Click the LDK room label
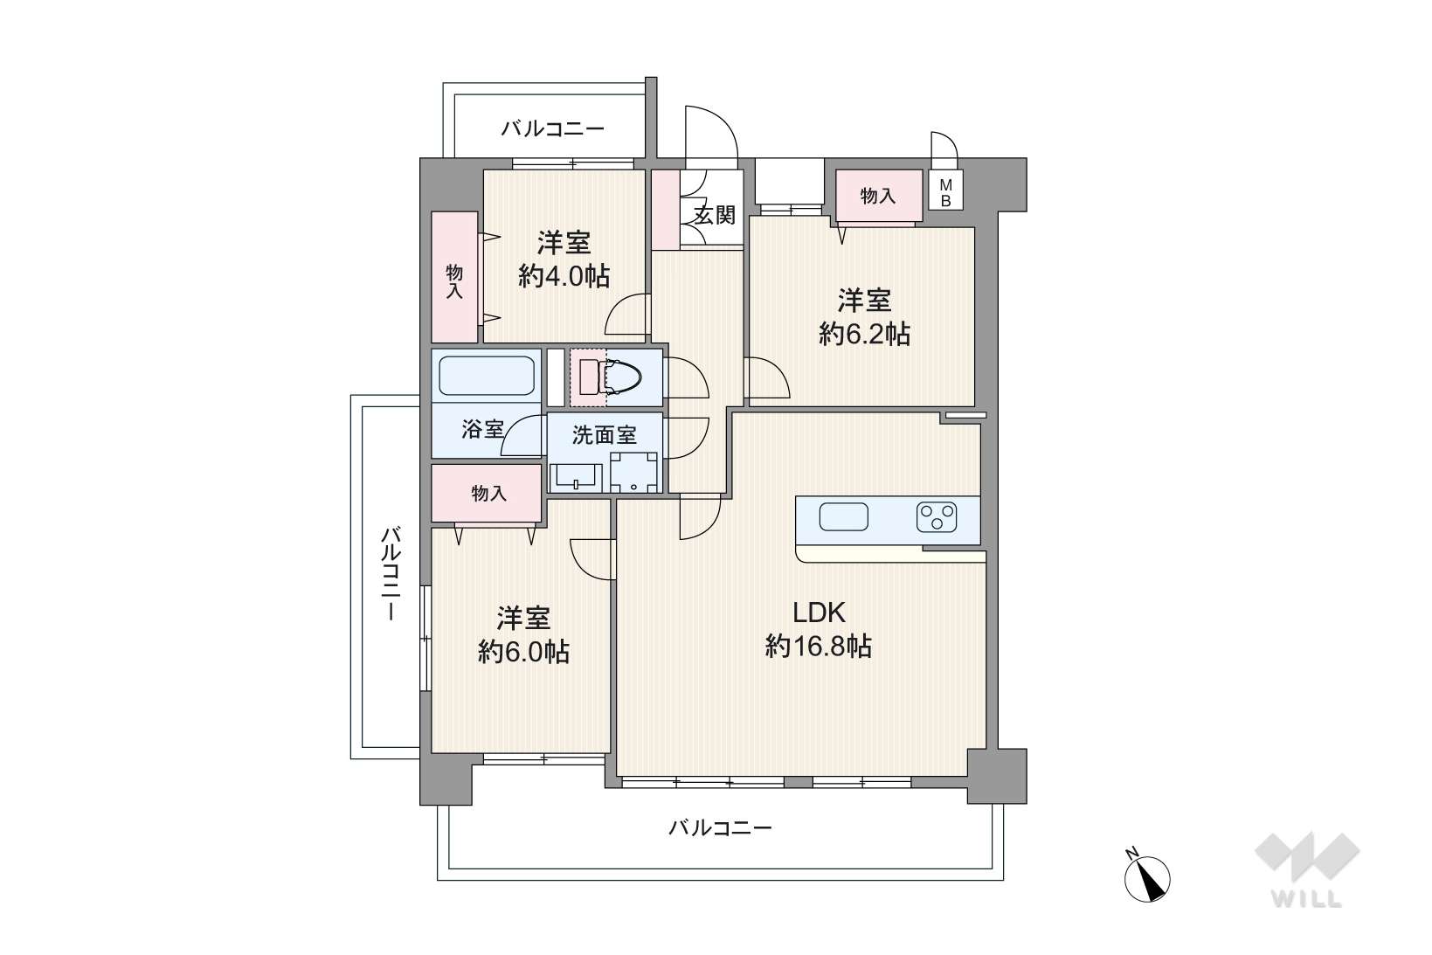819,612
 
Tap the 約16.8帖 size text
819,647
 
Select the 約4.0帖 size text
564,276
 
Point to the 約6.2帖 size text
864,334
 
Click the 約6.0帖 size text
523,652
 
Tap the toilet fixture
612,377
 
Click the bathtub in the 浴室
487,376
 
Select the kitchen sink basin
844,516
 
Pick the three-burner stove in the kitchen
937,517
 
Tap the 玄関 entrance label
715,216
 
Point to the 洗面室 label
604,435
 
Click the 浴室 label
482,429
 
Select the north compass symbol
1147,877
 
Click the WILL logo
1307,869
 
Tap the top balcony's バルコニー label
552,129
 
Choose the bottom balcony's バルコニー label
721,828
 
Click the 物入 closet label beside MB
878,196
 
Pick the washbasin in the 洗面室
576,477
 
